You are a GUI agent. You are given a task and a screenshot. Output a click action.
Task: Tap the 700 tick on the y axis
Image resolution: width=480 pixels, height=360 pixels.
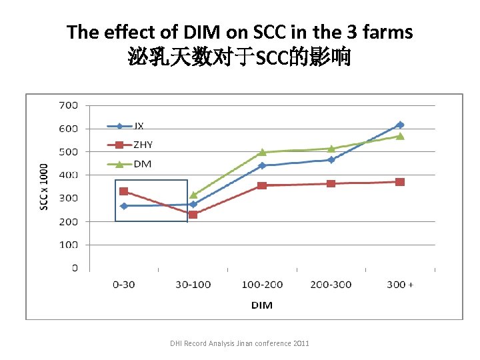pos(69,105)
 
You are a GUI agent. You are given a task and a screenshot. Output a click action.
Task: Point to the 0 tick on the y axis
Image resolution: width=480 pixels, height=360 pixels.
pos(75,268)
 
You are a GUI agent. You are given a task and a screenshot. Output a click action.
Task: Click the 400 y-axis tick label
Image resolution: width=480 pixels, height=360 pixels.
pos(69,175)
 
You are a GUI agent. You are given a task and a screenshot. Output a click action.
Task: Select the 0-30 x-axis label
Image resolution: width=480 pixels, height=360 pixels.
pos(123,285)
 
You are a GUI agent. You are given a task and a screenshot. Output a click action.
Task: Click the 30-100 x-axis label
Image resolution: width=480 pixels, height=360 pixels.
pos(193,285)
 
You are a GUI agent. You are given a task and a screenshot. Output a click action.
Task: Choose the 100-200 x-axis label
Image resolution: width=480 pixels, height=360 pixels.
pos(262,285)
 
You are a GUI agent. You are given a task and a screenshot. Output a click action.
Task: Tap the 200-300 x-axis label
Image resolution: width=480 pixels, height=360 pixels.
pos(331,285)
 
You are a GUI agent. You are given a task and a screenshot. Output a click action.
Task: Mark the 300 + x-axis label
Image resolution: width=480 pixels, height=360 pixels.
pos(400,285)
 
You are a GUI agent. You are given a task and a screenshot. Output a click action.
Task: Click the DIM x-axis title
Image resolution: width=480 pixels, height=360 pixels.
pos(261,305)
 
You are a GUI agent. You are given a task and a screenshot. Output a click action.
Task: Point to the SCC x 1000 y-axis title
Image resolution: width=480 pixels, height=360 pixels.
pos(44,187)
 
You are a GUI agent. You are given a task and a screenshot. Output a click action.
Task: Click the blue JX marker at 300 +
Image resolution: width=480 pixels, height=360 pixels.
pos(400,125)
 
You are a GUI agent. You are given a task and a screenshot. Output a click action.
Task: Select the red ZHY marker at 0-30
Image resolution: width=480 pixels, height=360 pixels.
pos(123,191)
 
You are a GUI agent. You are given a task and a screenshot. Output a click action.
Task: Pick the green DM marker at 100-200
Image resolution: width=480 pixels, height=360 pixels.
pos(262,152)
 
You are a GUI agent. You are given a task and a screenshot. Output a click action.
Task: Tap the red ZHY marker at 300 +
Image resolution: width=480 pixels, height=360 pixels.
pos(400,181)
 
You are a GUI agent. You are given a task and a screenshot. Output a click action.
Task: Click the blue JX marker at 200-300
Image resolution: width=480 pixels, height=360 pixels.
pos(331,159)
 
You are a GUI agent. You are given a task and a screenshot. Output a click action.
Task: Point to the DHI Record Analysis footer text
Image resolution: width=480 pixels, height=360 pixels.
pos(239,343)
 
